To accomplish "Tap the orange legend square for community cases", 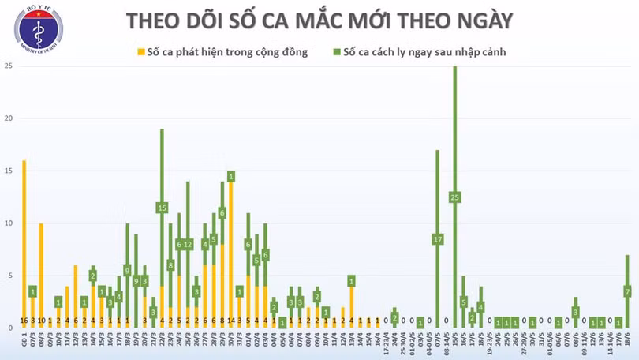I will tap(140, 53).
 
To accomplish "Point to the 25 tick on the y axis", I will tap(8, 66).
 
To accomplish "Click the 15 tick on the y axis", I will tap(8, 171).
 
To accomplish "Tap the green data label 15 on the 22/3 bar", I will tap(162, 208).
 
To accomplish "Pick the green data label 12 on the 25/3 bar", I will tap(188, 245).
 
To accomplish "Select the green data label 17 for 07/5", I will tap(437, 238).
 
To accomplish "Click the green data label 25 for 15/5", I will tap(454, 197).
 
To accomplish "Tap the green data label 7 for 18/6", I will tap(628, 291).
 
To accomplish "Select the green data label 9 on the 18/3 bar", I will tap(127, 271).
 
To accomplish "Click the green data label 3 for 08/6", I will tap(576, 312).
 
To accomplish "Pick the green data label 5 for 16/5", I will tap(463, 302).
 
